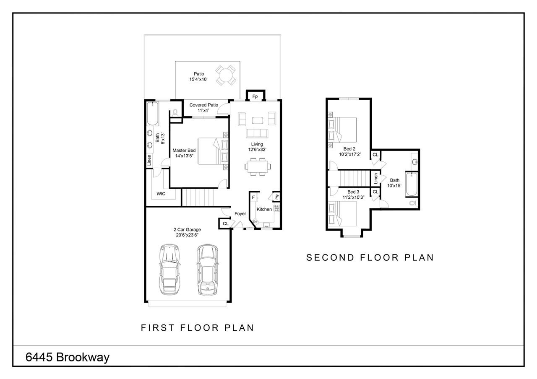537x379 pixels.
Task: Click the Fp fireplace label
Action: click(255, 96)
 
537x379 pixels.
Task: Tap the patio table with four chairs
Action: click(225, 75)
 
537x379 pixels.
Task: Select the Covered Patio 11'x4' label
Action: click(203, 108)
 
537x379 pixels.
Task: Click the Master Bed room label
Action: click(184, 150)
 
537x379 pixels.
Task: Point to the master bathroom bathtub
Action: click(152, 114)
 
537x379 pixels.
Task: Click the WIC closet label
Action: click(161, 194)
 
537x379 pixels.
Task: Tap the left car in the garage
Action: click(169, 269)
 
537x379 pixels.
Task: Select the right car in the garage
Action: click(207, 269)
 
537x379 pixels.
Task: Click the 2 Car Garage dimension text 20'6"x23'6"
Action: click(187, 235)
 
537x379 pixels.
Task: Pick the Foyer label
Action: click(240, 213)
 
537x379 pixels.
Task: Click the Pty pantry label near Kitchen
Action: click(277, 197)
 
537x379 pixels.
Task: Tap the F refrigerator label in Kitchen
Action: click(253, 197)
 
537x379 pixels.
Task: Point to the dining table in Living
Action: click(258, 166)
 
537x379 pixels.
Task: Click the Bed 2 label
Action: click(349, 149)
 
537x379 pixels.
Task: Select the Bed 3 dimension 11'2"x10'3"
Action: click(353, 197)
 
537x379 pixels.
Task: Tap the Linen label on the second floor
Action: click(375, 179)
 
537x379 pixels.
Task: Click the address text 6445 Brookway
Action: click(68, 357)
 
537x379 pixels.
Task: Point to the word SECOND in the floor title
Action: click(330, 257)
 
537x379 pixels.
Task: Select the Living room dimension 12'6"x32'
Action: click(257, 150)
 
